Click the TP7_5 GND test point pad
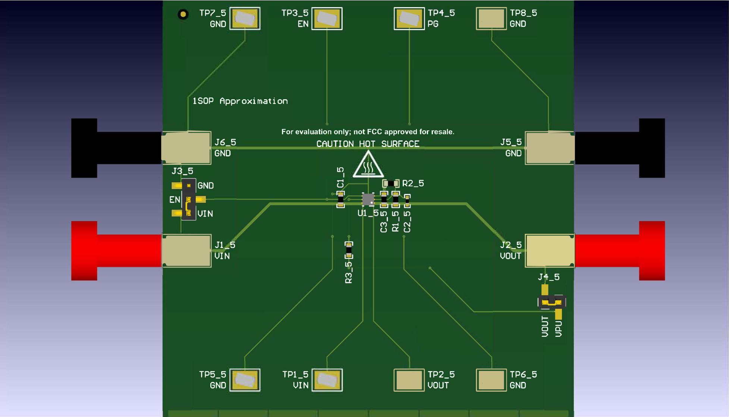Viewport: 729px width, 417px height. tap(245, 18)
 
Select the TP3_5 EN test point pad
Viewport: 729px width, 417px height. tap(327, 18)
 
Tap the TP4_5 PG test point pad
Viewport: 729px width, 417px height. tap(409, 18)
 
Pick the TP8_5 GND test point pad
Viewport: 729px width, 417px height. tap(491, 18)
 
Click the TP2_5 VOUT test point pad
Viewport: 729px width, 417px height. tap(409, 380)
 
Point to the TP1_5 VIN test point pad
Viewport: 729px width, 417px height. tap(327, 380)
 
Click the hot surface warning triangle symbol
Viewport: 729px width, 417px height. tap(368, 166)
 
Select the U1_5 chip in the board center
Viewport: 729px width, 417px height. tap(368, 199)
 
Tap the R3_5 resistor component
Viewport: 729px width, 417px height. tap(349, 250)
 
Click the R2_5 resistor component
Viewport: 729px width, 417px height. tap(391, 183)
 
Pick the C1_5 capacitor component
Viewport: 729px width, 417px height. tap(340, 200)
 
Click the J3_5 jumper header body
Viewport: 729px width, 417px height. tap(189, 199)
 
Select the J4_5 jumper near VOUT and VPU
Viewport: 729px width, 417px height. tap(552, 301)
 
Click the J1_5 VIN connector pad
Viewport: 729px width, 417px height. tap(186, 251)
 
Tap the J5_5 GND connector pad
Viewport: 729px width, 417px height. tap(550, 148)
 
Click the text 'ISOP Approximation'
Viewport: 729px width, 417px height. tap(240, 101)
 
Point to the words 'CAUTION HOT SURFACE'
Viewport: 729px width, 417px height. tap(368, 144)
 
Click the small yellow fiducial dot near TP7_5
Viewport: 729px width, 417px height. tap(183, 15)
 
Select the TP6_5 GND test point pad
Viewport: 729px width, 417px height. tap(491, 380)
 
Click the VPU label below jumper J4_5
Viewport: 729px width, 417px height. tap(558, 329)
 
